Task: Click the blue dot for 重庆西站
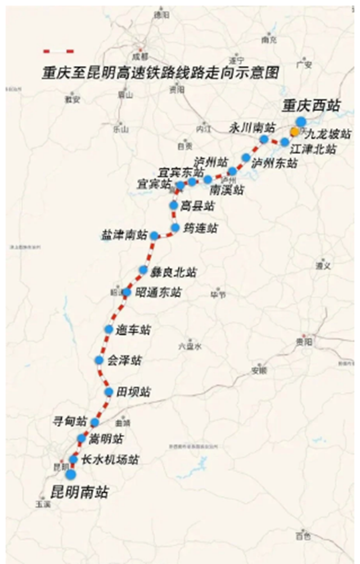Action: (301, 121)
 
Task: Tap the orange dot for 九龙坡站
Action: (295, 132)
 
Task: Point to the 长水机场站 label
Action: (110, 459)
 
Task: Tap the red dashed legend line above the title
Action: (58, 51)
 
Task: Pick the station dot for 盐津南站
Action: (154, 236)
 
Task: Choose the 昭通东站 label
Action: (159, 292)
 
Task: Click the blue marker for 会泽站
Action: (99, 360)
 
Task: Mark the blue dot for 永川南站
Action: (264, 139)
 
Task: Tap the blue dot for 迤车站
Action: (109, 329)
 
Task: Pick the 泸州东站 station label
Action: (273, 163)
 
